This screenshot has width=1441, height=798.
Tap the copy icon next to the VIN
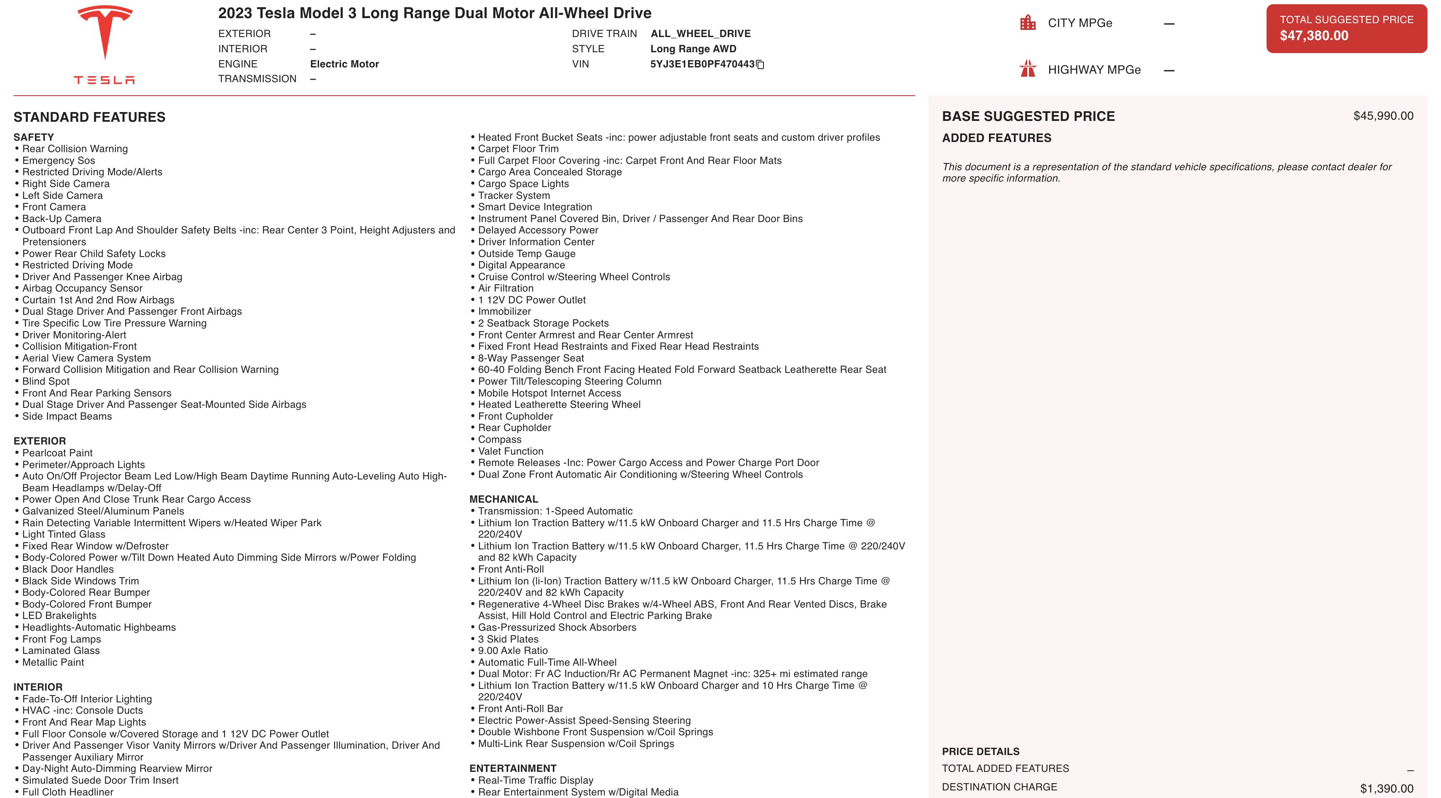pos(760,65)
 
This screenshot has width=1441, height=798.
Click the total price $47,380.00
pos(1314,36)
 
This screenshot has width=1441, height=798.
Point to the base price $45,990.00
pos(1383,116)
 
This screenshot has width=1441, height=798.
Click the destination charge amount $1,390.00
pos(1386,788)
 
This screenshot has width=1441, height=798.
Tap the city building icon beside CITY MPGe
pos(1028,23)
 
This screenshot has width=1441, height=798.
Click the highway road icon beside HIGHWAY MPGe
pos(1028,70)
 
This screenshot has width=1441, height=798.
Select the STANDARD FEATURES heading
pos(89,117)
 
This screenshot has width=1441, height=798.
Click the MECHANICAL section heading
pos(504,499)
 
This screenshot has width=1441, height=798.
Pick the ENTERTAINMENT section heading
pos(512,769)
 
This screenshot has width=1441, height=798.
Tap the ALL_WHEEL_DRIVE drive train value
pos(700,34)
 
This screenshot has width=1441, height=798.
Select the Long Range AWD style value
pos(693,48)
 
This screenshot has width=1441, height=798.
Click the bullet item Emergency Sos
pos(59,161)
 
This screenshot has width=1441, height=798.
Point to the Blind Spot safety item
pos(46,381)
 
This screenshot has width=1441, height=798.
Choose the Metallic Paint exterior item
pos(53,662)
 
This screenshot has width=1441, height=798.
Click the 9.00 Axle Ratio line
pos(512,651)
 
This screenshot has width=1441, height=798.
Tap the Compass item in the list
pos(500,439)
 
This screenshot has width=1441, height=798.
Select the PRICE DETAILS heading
pos(980,752)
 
